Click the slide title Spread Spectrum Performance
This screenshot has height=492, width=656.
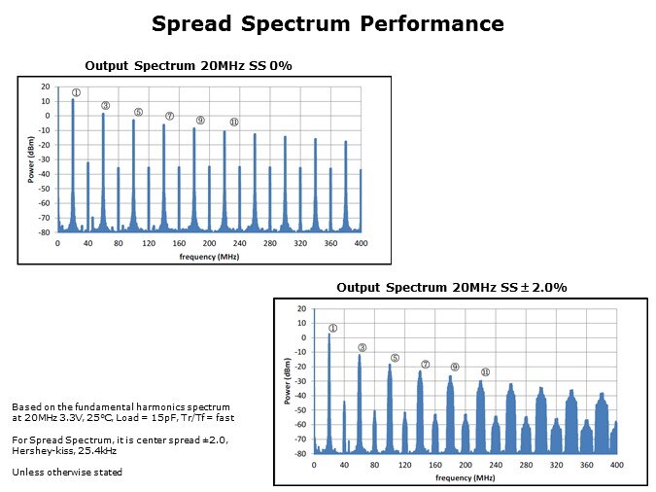tap(328, 23)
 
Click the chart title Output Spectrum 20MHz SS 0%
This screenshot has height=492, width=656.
tap(189, 65)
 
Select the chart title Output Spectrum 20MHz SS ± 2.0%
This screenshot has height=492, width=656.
tap(452, 288)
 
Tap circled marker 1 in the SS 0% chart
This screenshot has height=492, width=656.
tap(75, 93)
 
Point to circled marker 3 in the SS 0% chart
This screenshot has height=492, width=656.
tap(105, 106)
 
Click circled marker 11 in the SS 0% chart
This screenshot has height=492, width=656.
tap(233, 123)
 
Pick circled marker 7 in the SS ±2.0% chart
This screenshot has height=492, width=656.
tap(425, 365)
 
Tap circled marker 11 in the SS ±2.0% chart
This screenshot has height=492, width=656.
tap(485, 372)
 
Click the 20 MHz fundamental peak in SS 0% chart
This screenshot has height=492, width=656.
tap(73, 100)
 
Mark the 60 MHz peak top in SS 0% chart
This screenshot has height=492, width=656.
tap(103, 114)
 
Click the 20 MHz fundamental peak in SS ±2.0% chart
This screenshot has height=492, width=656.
tap(329, 335)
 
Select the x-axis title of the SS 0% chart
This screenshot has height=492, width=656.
tap(209, 256)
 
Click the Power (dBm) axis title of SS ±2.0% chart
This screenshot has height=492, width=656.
tap(288, 381)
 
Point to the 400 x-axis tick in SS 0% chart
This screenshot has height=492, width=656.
tap(361, 243)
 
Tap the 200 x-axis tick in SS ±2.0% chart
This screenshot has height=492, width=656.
tap(466, 465)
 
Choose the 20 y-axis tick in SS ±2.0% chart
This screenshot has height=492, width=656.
tap(302, 309)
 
